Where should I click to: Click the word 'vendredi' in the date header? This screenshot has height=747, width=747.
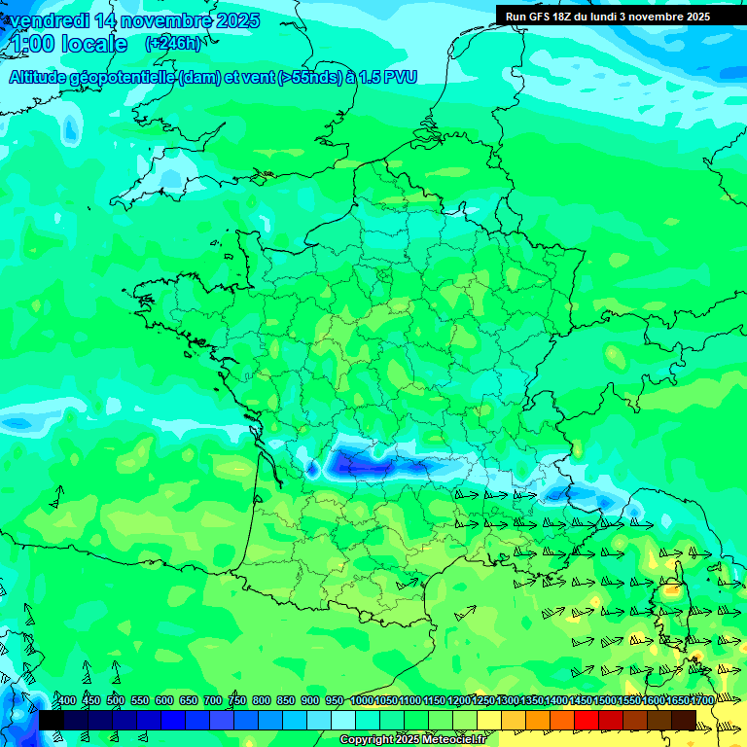click(x=53, y=20)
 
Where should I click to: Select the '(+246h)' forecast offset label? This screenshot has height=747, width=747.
click(x=172, y=43)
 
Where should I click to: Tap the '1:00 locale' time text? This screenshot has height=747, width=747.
click(x=69, y=44)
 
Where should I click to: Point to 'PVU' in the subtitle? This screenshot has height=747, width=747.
click(x=400, y=78)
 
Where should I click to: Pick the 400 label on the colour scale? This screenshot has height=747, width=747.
click(x=66, y=701)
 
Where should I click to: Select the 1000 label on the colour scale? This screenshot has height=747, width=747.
click(x=362, y=701)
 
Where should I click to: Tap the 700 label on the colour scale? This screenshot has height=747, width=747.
click(x=213, y=701)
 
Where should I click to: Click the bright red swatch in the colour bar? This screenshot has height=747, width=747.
click(x=587, y=720)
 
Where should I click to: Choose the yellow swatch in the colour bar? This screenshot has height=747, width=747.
click(x=489, y=720)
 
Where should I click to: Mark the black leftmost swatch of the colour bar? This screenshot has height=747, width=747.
click(x=51, y=720)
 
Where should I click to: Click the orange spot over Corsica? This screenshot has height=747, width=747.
click(x=671, y=589)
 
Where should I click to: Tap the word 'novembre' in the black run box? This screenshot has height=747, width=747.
click(x=657, y=17)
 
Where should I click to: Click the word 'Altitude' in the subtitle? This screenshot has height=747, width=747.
click(x=41, y=78)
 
